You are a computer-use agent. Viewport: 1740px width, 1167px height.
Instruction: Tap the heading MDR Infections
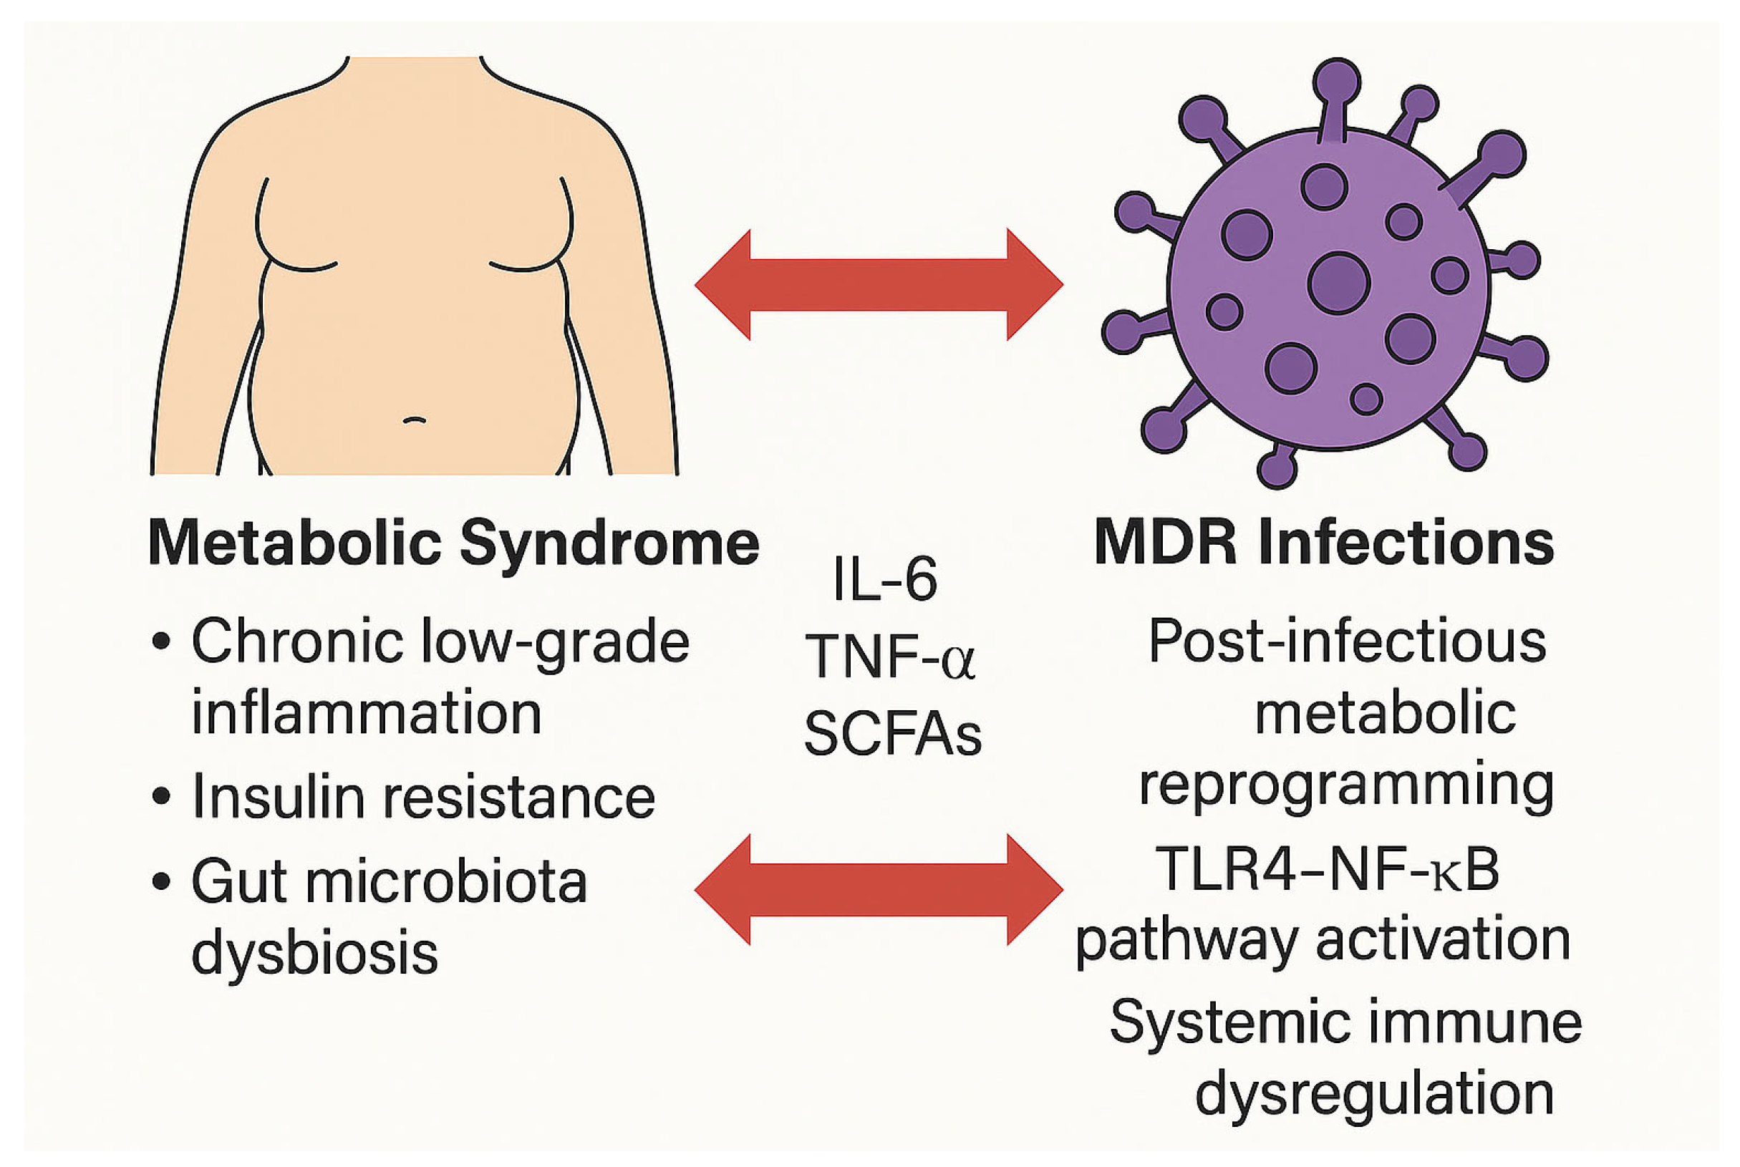[x=1324, y=543]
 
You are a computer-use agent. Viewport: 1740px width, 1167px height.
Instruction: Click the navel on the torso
[x=415, y=420]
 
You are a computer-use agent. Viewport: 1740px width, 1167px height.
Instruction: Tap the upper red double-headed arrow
[x=878, y=284]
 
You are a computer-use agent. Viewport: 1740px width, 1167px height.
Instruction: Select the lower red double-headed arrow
[x=878, y=889]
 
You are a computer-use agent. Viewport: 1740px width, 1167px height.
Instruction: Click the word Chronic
[x=297, y=641]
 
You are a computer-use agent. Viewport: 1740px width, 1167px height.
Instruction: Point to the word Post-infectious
[x=1347, y=641]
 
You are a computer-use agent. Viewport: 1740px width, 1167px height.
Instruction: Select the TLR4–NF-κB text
[x=1327, y=868]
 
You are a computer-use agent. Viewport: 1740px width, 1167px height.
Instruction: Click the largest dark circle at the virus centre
[x=1339, y=284]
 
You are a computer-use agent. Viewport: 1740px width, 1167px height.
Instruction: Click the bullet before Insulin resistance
[x=160, y=797]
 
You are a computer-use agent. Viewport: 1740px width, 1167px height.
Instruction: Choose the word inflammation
[x=366, y=713]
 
